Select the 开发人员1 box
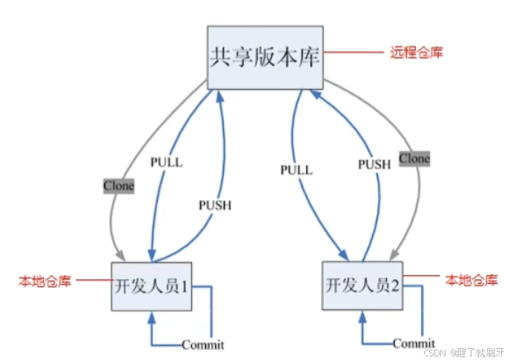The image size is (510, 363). [x=153, y=286]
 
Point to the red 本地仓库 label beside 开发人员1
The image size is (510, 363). [x=44, y=282]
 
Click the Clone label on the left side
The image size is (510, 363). [x=119, y=186]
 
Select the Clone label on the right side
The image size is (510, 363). [x=414, y=159]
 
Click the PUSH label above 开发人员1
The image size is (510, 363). [x=215, y=205]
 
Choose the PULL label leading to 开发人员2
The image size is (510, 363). [x=297, y=170]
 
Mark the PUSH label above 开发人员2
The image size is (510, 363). [x=374, y=164]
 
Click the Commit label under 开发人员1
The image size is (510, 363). [x=202, y=344]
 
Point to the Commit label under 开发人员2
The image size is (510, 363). [x=414, y=344]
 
